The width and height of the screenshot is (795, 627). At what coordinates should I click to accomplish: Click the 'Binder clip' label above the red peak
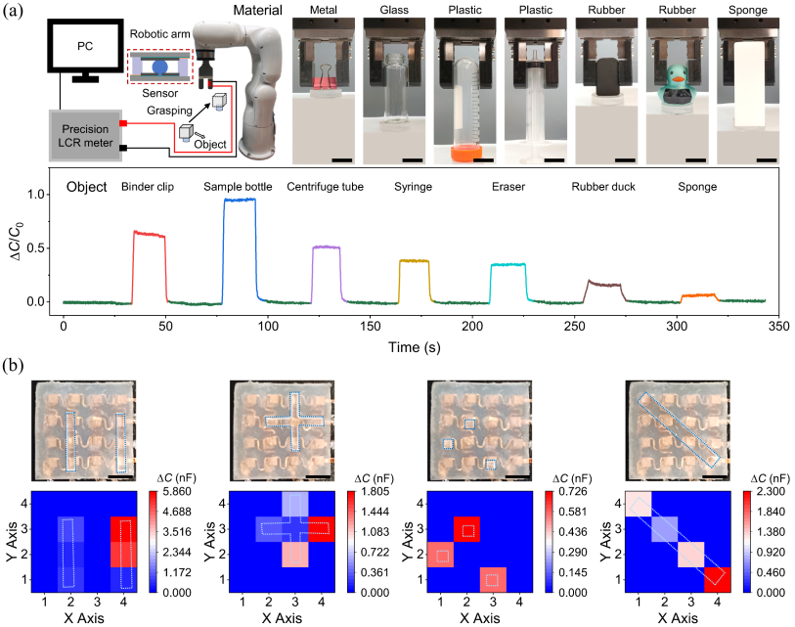149,187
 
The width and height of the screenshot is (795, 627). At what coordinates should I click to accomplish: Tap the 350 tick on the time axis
778,324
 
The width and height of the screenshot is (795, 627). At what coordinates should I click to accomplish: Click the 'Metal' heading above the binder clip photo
324,13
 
